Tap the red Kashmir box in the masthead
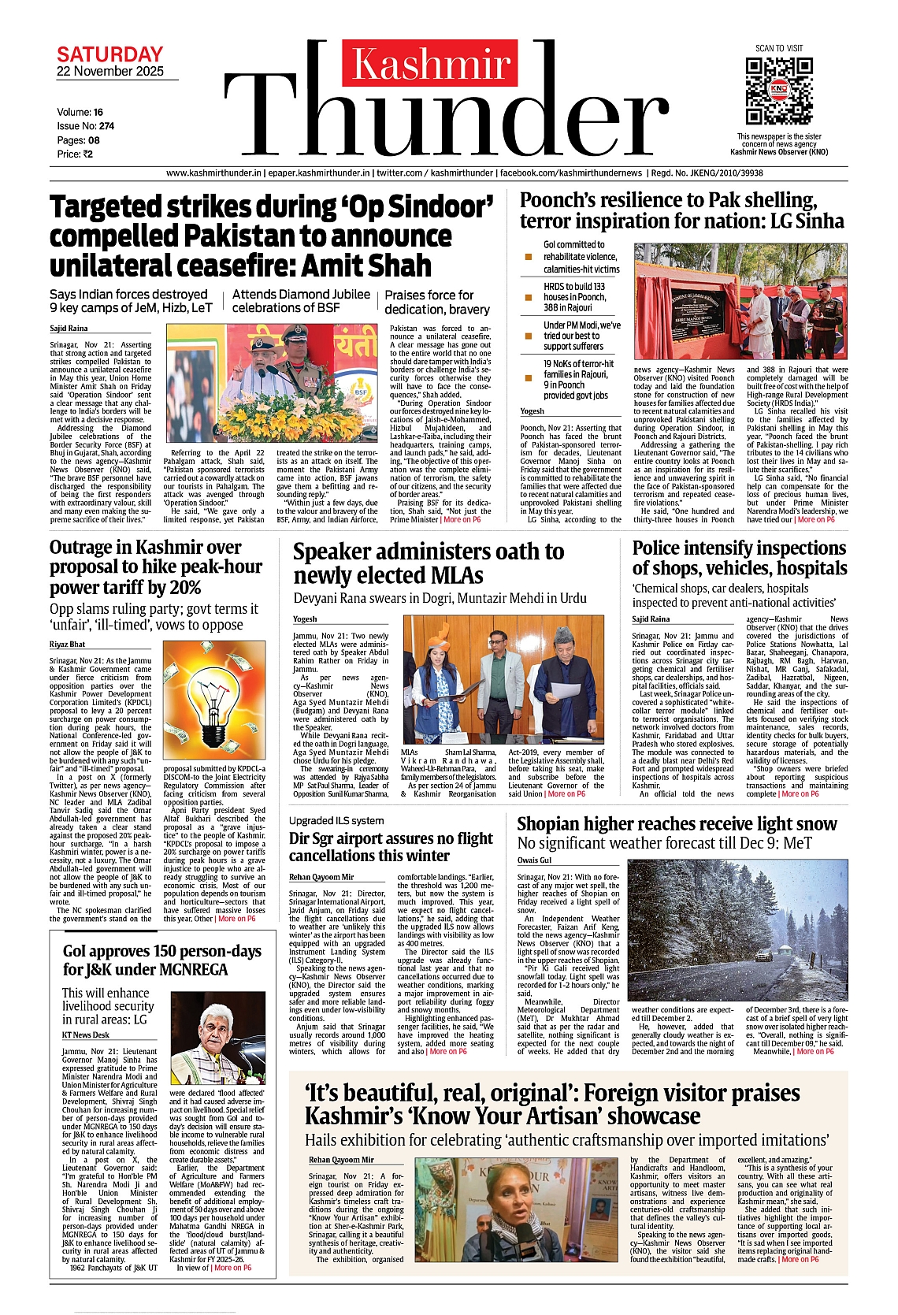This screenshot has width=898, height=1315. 430,64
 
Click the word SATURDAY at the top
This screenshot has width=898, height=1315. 109,54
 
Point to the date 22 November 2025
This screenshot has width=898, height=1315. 110,72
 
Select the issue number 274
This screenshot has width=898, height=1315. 106,126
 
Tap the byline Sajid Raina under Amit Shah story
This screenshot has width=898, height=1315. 69,329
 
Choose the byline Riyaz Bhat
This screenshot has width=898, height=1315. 67,644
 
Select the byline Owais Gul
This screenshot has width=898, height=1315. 534,860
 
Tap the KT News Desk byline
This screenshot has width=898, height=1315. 86,1035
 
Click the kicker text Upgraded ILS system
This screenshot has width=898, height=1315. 336,821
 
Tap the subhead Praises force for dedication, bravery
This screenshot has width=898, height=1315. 437,302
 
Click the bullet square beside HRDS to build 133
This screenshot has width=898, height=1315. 529,298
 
